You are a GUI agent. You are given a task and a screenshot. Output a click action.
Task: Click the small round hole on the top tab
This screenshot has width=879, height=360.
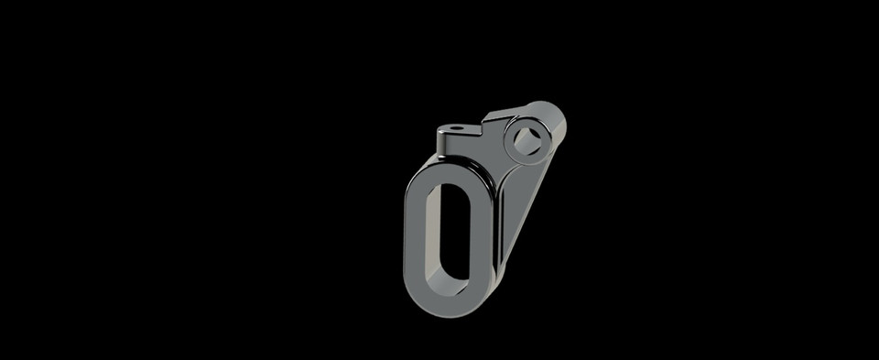click(x=455, y=127)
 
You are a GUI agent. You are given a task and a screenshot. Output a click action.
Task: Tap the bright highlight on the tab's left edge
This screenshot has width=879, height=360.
click(x=444, y=142)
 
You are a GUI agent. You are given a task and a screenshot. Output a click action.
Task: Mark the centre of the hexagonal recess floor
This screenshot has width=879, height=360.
click(x=528, y=141)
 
